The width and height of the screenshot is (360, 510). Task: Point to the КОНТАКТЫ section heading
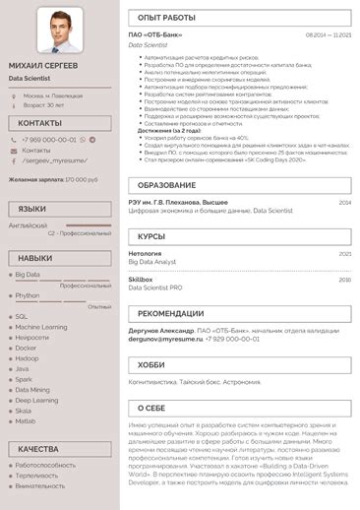pos(39,123)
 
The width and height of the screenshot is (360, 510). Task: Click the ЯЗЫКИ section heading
pos(31,209)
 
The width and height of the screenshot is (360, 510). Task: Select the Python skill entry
pos(28,294)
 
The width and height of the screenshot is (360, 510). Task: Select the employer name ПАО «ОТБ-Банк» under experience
pos(155,34)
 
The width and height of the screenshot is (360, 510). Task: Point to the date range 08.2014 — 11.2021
pos(329,34)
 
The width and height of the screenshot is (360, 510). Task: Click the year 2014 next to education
pos(344,202)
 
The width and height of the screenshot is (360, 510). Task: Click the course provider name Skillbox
pos(141,279)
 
